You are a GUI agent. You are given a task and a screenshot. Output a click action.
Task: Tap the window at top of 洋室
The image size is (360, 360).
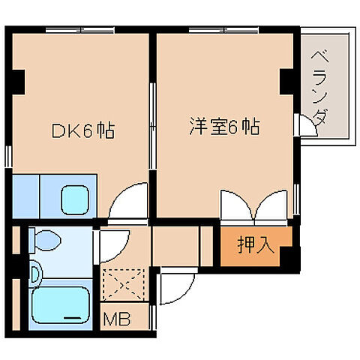point(218,30)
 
